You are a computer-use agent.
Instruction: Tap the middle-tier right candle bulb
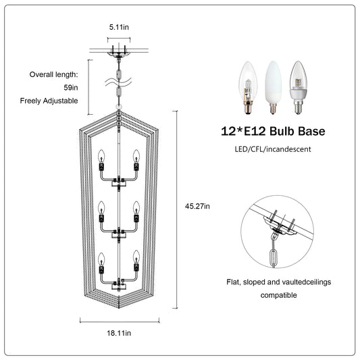tap(137, 210)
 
